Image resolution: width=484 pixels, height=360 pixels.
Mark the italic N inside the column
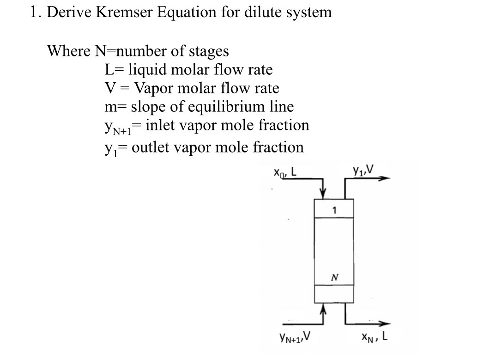pyautogui.click(x=333, y=277)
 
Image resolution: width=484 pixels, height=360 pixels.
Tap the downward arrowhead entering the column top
pyautogui.click(x=324, y=194)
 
